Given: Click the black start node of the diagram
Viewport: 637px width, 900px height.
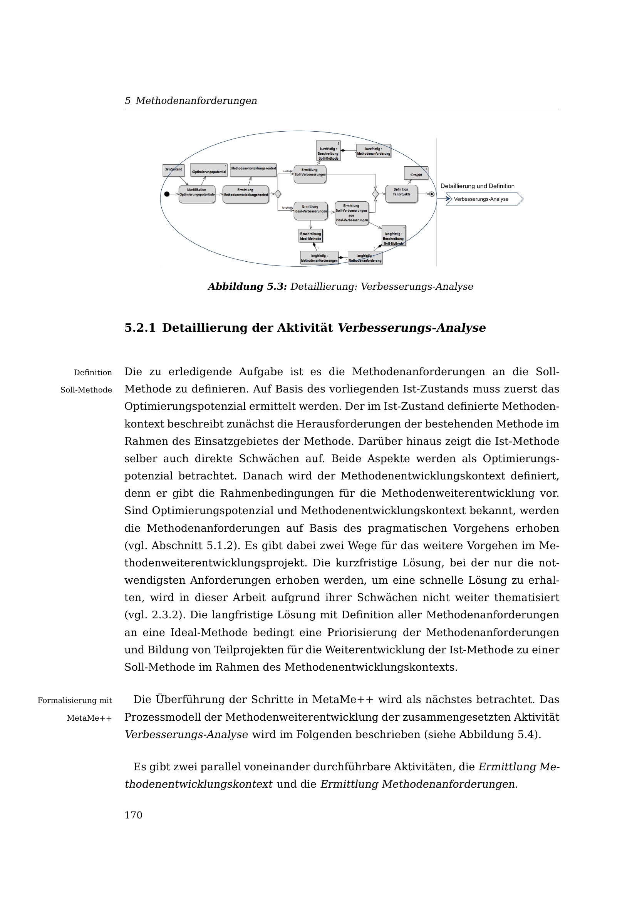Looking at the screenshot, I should pos(167,194).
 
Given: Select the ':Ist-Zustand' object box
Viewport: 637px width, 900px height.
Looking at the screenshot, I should pos(173,170).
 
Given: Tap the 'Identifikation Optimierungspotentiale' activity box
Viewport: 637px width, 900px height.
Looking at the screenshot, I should pos(197,194).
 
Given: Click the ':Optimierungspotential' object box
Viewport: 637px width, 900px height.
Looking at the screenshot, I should pos(209,170).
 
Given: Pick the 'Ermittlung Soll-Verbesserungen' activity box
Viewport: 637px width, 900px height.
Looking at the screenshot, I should pos(310,174).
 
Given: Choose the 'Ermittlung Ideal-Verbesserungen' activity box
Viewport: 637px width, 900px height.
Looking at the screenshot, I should pos(310,211).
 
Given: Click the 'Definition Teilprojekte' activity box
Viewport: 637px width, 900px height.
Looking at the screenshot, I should pos(401,194).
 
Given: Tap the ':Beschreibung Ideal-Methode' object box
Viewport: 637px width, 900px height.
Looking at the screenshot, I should pos(310,236).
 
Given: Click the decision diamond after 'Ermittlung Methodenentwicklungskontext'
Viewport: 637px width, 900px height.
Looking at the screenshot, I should pos(278,194).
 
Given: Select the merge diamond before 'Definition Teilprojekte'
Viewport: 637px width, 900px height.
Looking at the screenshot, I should pos(375,194).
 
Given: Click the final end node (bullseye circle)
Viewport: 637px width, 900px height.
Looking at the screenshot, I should pos(432,194).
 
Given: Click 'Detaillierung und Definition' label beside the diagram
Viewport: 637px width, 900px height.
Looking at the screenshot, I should pos(477,186).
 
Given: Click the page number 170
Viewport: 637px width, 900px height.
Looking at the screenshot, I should pos(133,815).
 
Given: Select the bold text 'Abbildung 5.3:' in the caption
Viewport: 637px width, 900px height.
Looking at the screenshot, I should pos(247,287).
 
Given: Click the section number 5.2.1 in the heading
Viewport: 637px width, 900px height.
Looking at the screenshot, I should pos(140,328).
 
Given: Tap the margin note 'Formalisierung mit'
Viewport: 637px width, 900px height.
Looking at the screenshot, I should pos(75,700).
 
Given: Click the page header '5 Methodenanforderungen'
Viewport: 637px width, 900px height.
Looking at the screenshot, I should pos(191,101).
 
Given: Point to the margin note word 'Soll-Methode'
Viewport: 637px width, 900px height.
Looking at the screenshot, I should pos(86,390).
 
